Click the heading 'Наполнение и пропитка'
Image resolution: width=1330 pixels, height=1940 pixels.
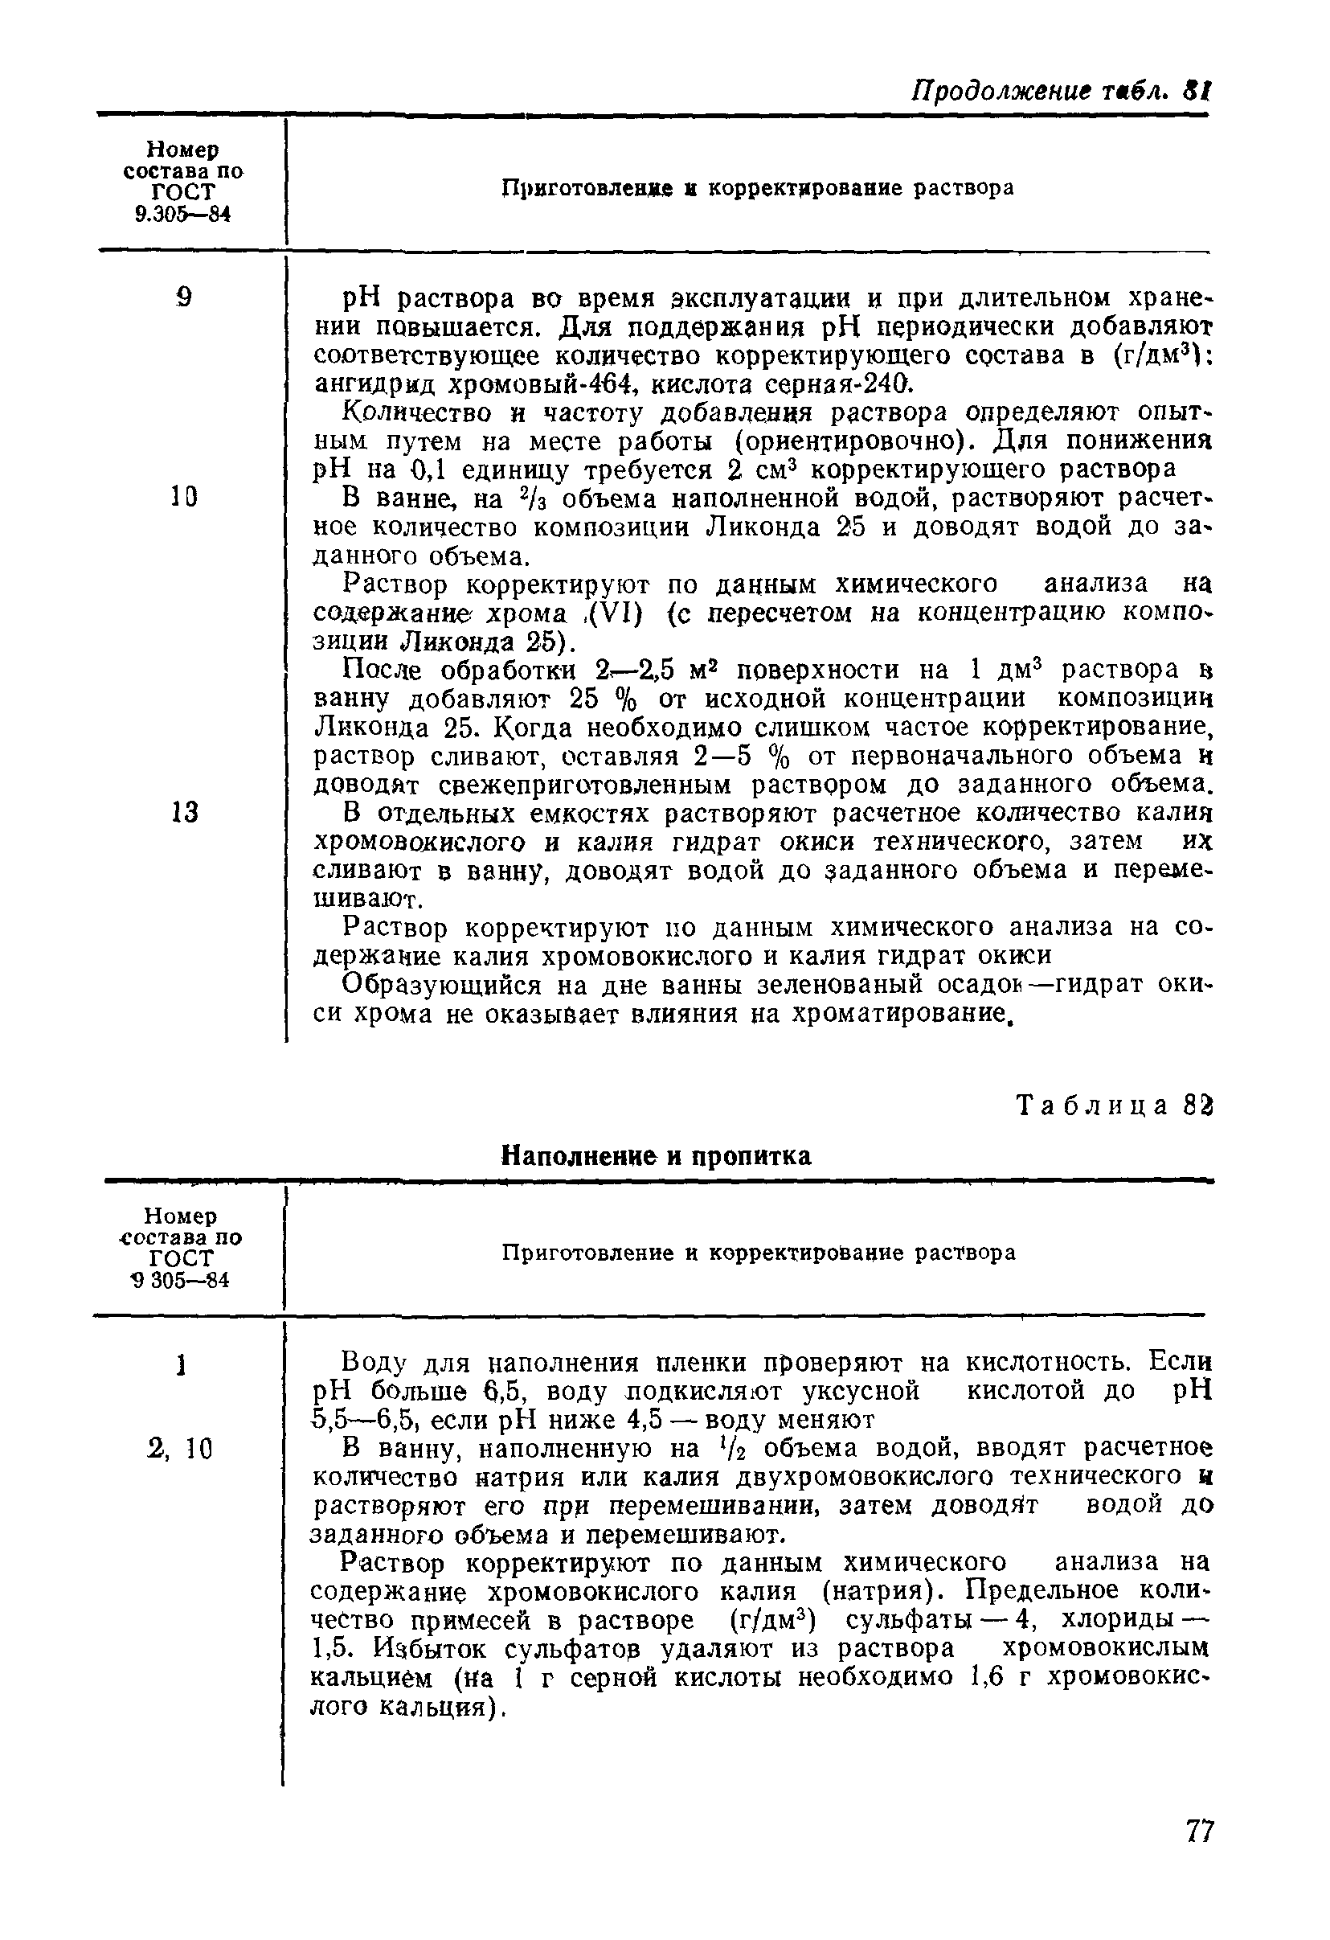pos(655,1155)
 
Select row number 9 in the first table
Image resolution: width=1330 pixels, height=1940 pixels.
pos(184,297)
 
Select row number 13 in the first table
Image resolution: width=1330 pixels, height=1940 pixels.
pos(184,812)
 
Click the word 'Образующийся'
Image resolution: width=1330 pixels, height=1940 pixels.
pos(438,986)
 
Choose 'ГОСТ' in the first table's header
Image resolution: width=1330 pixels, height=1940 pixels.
pos(183,193)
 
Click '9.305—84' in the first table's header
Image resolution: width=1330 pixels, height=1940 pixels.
pos(182,215)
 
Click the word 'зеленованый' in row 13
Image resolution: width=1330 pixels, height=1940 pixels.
pos(837,986)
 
